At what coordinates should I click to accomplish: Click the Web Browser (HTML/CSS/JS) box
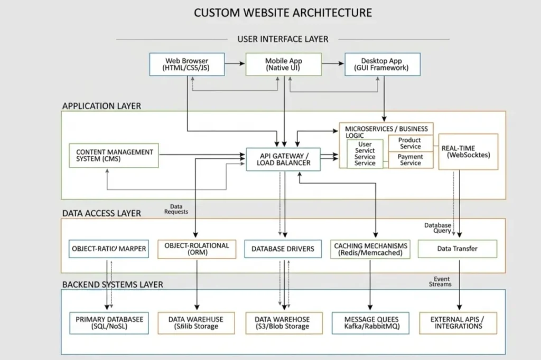(x=187, y=64)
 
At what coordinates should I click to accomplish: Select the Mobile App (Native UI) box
(x=284, y=64)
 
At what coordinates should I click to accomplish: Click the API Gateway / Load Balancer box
(x=283, y=159)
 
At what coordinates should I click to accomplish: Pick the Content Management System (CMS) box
(x=114, y=155)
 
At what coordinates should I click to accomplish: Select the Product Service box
(x=411, y=144)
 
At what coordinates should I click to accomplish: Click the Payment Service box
(x=411, y=160)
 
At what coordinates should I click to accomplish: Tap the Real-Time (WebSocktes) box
(x=468, y=151)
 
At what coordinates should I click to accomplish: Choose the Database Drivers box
(x=283, y=249)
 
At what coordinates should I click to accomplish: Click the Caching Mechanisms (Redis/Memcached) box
(x=371, y=249)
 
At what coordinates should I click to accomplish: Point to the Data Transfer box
(x=457, y=249)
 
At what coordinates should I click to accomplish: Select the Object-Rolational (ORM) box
(x=197, y=249)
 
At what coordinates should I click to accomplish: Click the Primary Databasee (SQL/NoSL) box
(x=109, y=323)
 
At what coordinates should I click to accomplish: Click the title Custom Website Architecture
(x=283, y=13)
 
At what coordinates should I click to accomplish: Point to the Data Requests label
(x=176, y=209)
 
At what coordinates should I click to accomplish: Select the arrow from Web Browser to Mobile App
(x=235, y=64)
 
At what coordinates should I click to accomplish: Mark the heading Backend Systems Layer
(x=113, y=285)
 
